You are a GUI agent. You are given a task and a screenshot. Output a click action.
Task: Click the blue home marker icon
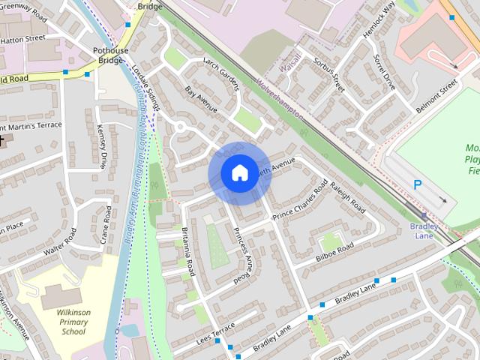click(239, 173)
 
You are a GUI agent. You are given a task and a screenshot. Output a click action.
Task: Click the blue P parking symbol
click(418, 184)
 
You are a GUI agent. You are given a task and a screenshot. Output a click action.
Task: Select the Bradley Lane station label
click(424, 230)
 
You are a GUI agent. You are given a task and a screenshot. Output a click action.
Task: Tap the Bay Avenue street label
click(201, 100)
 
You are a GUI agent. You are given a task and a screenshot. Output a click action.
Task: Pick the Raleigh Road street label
click(347, 196)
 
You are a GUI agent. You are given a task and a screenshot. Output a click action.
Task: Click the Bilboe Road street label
click(334, 254)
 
